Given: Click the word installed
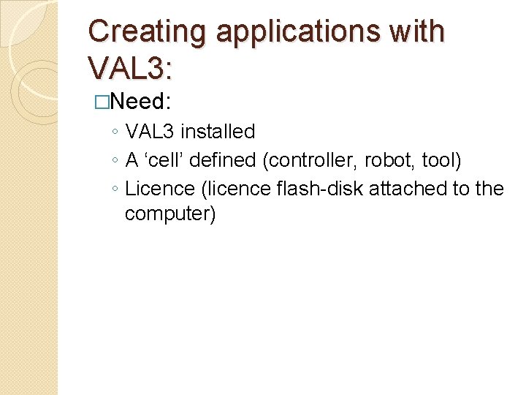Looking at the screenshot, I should click(218, 132).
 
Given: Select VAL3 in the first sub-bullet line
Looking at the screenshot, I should click(150, 132).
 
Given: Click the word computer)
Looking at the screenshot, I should click(170, 215).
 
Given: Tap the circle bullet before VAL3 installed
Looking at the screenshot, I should click(115, 132).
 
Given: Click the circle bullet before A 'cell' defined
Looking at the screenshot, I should click(115, 161).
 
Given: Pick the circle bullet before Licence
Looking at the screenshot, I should click(115, 189).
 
